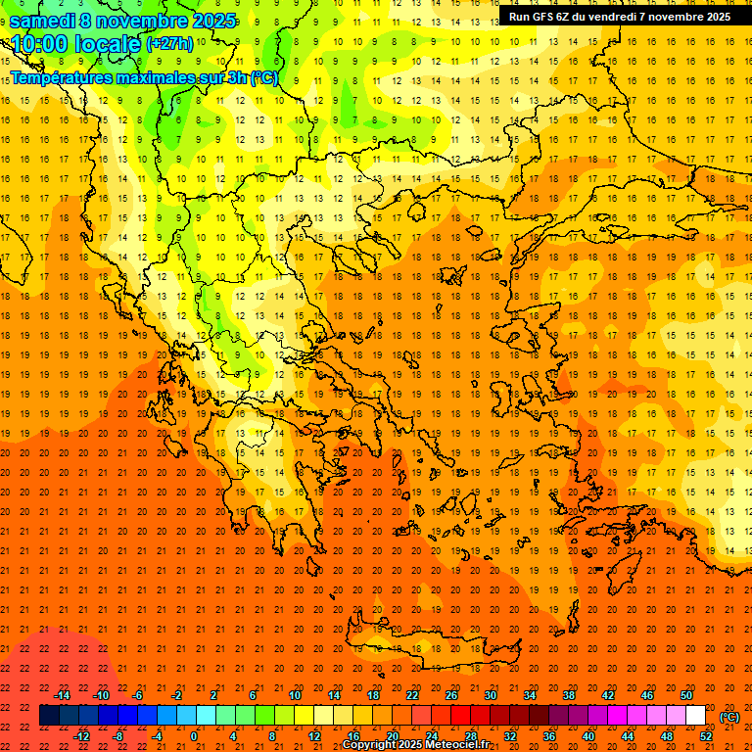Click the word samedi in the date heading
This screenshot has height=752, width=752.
pos(45,21)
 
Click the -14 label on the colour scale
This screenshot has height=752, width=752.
pos(63,695)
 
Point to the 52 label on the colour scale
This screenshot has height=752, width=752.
pos(706,736)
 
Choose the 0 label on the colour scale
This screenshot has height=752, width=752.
pos(194,736)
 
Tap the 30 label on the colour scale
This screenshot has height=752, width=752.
pos(491,695)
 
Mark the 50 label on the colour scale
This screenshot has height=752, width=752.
pos(686,695)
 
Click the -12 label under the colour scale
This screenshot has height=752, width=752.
pos(82,736)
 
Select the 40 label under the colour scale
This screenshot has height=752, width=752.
pos(588,736)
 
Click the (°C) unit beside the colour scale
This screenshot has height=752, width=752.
pos(728,717)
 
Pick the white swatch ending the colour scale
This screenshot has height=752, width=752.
pos(696,716)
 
